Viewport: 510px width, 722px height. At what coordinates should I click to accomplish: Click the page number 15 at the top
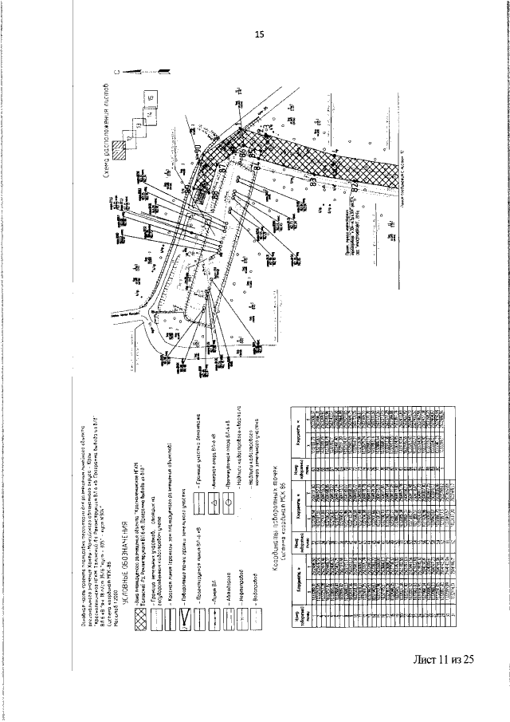coord(258,34)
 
